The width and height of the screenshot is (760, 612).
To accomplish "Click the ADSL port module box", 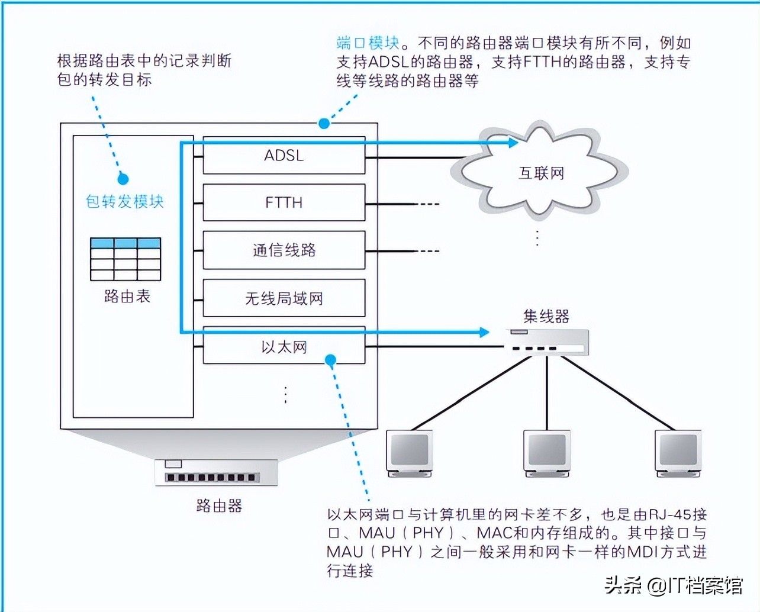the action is pos(284,156).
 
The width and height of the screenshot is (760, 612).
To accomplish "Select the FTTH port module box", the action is pos(284,202).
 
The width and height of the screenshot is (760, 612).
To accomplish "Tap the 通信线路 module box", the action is pos(284,250).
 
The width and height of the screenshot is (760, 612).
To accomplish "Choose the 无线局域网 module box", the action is pos(284,298).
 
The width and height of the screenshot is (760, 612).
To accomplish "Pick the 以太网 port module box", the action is pos(284,345).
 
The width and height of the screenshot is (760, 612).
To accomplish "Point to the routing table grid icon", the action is pos(125,259).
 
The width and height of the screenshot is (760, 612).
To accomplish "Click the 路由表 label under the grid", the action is pos(127,296).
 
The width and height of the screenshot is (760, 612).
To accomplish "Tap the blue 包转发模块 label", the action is pos(125,202).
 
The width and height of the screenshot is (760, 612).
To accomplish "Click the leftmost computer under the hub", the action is pos(410,453).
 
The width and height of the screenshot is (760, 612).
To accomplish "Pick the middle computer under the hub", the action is pos(547,453).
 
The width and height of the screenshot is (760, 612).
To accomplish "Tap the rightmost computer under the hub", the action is pos(678,453).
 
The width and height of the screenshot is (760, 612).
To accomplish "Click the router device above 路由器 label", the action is pos(216,472).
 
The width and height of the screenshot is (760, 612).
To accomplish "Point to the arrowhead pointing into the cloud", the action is pos(513,143).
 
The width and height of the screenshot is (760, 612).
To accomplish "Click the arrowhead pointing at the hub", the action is pos(484,332).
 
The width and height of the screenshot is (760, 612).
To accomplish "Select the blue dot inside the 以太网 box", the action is pos(330,360).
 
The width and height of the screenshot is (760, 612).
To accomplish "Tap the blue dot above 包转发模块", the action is pos(123,179).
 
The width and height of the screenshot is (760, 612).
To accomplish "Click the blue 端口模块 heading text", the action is pos(368,43).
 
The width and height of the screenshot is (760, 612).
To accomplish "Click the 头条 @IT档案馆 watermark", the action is pos(674,585).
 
